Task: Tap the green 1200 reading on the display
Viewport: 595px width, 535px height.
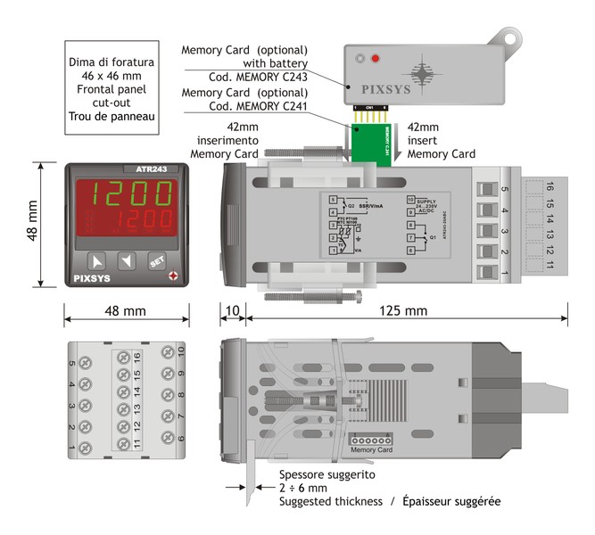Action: [x=124, y=193]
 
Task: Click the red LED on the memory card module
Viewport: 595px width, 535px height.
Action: [x=376, y=60]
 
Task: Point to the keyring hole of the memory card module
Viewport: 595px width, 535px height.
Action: [x=512, y=38]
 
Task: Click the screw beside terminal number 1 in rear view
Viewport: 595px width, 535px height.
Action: [x=87, y=445]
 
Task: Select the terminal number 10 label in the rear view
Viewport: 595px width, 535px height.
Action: [x=181, y=350]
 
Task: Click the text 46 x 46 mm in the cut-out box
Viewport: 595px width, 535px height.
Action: [x=112, y=78]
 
